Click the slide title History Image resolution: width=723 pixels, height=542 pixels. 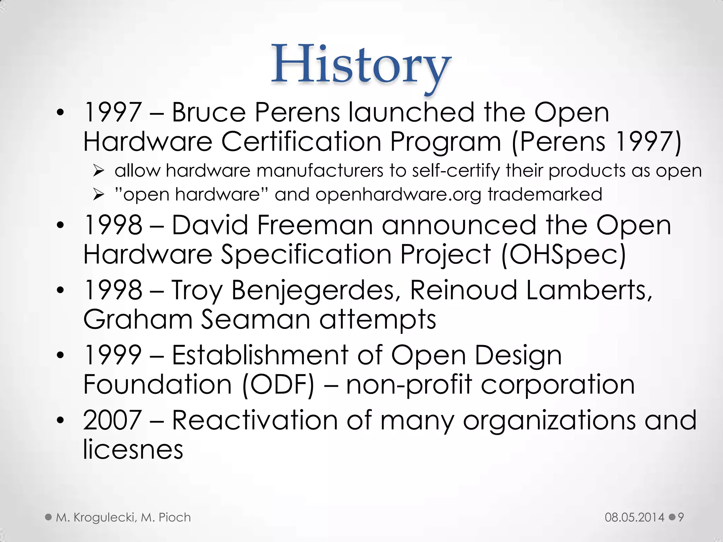[361, 66]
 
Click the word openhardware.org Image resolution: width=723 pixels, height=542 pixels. [398, 195]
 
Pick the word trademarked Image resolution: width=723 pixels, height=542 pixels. [545, 194]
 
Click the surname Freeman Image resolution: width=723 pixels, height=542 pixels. [315, 225]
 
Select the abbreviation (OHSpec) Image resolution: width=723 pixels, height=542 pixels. [563, 254]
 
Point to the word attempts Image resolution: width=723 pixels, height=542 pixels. [378, 320]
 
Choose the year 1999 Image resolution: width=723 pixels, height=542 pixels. [113, 355]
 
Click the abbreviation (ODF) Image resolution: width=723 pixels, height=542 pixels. [278, 385]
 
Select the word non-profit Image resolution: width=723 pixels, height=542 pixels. [409, 385]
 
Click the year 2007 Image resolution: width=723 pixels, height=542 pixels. [113, 420]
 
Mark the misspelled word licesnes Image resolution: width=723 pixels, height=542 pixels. [133, 449]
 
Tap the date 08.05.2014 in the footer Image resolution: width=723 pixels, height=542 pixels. [634, 517]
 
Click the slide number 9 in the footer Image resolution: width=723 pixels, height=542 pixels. [681, 517]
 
